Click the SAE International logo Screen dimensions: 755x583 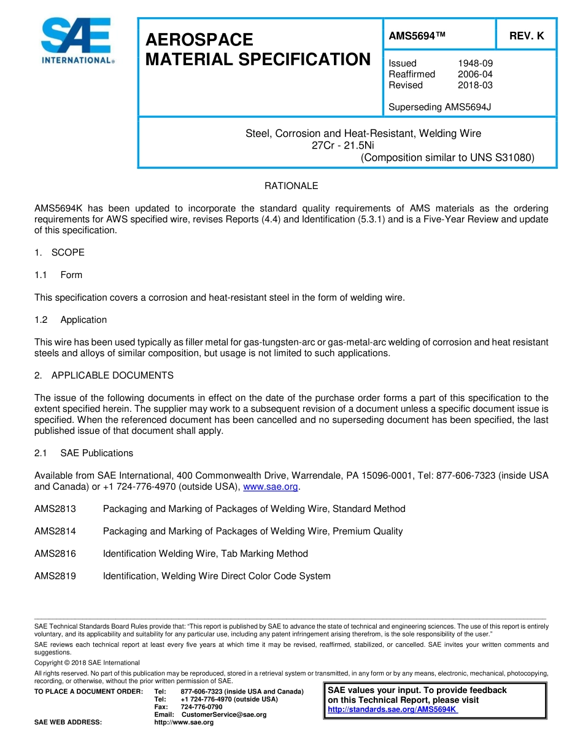point(77,41)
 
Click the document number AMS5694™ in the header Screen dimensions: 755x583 point(417,36)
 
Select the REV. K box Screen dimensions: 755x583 point(526,36)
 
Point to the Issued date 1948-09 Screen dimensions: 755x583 point(475,63)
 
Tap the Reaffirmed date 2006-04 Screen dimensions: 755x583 point(475,74)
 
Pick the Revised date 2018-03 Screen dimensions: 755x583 point(475,85)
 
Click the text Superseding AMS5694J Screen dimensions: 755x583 point(439,107)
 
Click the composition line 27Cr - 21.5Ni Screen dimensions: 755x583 point(343,145)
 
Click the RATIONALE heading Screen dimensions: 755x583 point(291,186)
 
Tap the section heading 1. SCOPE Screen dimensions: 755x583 point(60,253)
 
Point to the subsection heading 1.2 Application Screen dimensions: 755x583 point(71,320)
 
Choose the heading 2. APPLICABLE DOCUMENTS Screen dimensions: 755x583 point(104,376)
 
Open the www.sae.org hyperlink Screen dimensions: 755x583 point(271,487)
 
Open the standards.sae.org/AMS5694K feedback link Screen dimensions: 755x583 point(392,710)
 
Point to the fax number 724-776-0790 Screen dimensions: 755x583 point(201,707)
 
